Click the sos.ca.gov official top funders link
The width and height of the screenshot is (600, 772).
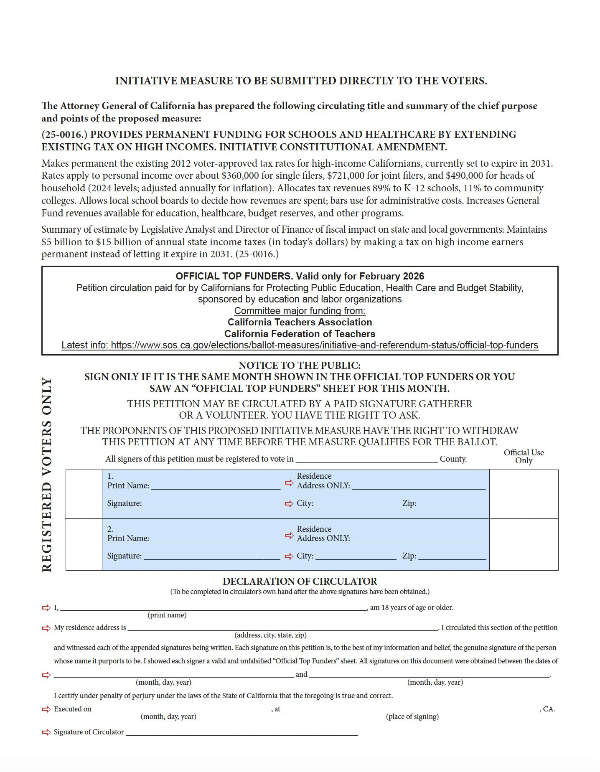(300, 345)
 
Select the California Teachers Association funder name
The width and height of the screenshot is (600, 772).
(300, 322)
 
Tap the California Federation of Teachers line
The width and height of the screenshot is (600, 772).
(300, 334)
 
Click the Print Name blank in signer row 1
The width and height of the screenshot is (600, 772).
(216, 485)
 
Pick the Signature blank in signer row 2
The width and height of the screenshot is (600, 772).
(211, 556)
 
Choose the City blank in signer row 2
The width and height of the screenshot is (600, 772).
(356, 556)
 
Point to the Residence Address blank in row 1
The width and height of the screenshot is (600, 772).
(419, 485)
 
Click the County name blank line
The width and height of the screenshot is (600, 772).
(367, 459)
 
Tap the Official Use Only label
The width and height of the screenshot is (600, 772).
(524, 456)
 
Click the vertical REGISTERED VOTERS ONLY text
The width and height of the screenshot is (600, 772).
(47, 475)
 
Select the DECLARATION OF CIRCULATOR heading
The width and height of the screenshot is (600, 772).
(300, 581)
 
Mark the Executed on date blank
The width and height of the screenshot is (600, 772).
(182, 709)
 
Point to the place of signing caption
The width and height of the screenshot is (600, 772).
(412, 716)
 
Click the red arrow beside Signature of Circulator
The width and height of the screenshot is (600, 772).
(46, 732)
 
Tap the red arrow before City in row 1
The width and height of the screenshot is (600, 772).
(289, 503)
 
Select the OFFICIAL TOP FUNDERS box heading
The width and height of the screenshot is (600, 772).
(300, 276)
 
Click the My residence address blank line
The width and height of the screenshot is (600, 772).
(282, 627)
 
